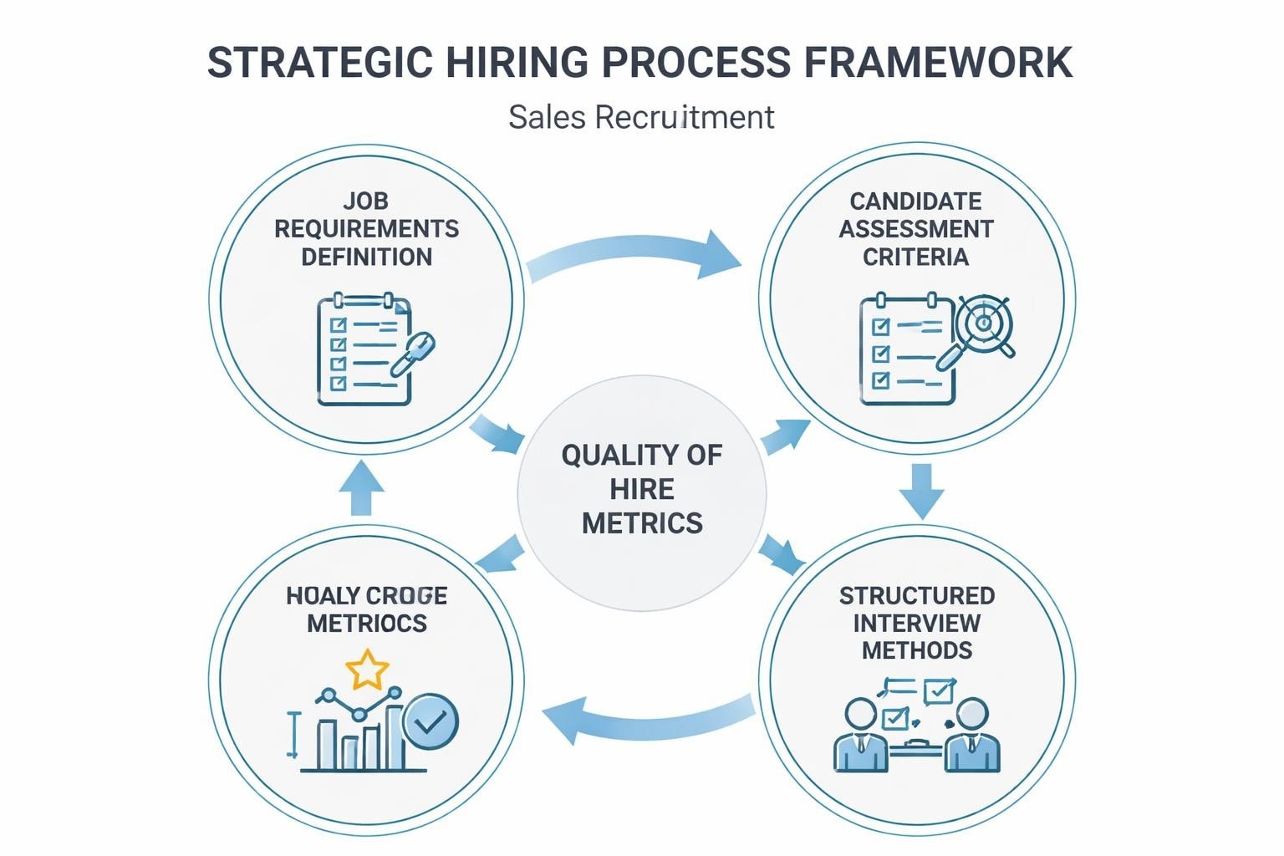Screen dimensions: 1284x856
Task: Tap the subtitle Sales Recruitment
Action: tap(641, 117)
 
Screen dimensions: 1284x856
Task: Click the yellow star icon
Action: tap(367, 670)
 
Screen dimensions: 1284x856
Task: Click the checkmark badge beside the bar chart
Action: tap(430, 721)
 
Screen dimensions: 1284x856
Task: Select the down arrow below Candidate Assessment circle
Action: tap(921, 491)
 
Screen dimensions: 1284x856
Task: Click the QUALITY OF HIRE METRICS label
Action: tap(642, 489)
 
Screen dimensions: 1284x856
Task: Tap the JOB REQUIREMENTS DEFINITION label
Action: tap(366, 229)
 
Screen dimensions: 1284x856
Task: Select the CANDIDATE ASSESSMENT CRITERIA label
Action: tap(916, 229)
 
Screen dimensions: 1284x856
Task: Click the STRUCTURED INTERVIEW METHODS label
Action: tap(917, 623)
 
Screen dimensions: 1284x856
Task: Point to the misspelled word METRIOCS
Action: tap(367, 624)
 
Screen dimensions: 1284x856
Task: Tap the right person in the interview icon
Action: tap(972, 736)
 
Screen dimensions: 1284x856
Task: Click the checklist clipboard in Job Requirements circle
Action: tap(364, 349)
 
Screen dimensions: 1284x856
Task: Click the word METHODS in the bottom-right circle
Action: tap(917, 650)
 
